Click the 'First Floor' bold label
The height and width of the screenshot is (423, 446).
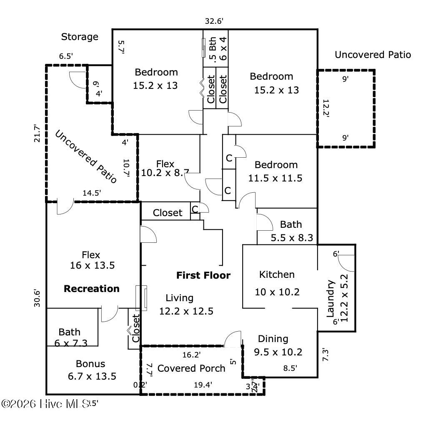click(203, 275)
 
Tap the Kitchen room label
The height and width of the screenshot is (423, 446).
click(277, 274)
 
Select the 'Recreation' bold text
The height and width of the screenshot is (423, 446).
click(91, 289)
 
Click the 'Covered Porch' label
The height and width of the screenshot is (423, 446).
click(191, 368)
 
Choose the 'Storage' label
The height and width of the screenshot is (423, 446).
click(80, 37)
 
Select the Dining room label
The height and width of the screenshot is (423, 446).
click(273, 338)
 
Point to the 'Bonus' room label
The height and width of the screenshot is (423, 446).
click(90, 364)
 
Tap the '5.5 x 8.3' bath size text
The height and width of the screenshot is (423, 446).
click(292, 239)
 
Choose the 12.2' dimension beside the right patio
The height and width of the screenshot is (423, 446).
click(326, 108)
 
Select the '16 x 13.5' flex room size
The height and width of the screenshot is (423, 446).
click(92, 265)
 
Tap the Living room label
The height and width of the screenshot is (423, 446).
click(179, 298)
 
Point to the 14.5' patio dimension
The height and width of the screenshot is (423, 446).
click(91, 193)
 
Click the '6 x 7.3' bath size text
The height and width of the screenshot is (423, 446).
click(70, 343)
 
